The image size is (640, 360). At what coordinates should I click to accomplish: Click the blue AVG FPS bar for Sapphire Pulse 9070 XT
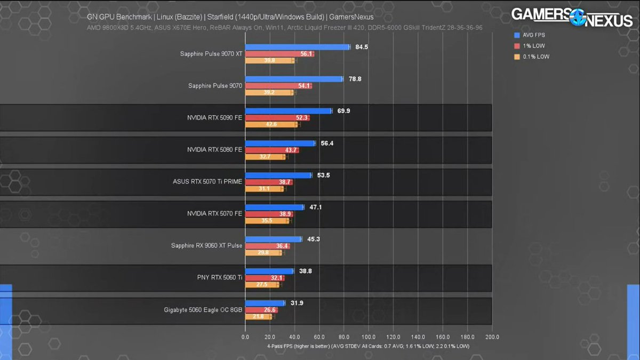point(297,47)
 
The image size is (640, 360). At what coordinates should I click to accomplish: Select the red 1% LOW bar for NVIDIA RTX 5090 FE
point(277,118)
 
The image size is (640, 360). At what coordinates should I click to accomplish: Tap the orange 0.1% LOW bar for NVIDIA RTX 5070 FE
point(267,220)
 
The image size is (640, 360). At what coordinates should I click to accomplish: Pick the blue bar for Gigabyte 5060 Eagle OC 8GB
point(265,303)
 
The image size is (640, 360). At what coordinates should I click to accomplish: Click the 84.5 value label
point(362,47)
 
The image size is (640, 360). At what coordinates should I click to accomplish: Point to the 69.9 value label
point(343,111)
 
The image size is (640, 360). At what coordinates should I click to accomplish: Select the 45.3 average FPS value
point(314,239)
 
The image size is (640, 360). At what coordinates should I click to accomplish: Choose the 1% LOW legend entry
point(530,46)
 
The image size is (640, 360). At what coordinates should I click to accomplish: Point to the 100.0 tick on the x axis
point(369,337)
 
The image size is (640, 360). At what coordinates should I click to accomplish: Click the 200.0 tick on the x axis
point(492,337)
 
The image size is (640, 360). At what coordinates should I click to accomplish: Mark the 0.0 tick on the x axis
point(245,337)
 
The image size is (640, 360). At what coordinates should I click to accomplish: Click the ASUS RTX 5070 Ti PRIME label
point(207,181)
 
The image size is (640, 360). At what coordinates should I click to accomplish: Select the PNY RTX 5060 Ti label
point(219,277)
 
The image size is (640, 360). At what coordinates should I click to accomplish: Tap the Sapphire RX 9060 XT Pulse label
point(206,245)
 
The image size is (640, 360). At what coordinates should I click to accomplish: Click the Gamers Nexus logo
point(571,16)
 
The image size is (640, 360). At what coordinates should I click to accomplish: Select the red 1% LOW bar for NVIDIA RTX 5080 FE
point(271,150)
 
